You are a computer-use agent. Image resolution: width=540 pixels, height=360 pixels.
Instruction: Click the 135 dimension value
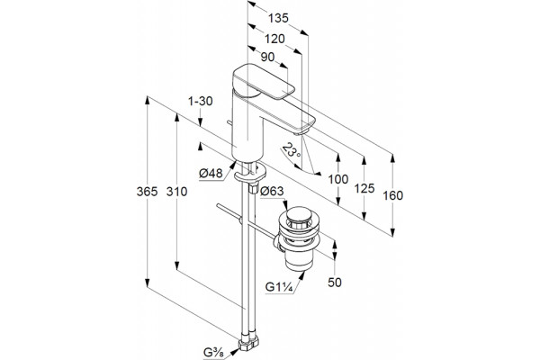point(278,18)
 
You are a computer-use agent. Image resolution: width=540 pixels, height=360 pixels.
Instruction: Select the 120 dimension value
point(274,39)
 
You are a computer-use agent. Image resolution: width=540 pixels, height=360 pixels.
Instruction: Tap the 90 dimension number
point(267,57)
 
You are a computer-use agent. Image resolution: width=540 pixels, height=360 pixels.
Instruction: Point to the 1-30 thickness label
point(201,101)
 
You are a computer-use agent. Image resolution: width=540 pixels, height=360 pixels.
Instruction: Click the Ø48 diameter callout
point(211,173)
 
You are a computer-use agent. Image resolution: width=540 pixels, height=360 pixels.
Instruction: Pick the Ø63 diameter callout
point(272,191)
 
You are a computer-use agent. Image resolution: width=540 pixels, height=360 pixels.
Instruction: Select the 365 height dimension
point(147,192)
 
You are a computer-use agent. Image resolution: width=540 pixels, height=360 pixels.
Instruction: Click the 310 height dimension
point(176,192)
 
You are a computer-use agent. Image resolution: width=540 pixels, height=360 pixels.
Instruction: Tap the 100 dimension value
point(338,179)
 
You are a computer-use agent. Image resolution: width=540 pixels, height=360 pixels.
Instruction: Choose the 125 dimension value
point(364,188)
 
